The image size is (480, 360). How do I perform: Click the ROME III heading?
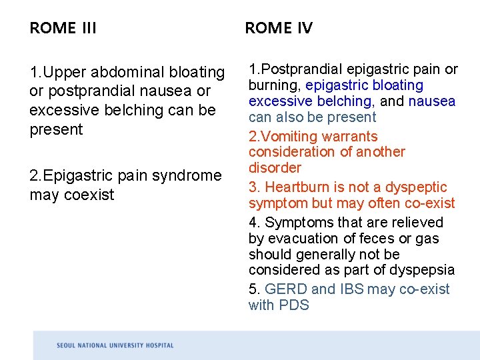point(63,28)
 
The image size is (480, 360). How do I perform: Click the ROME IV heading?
point(278,28)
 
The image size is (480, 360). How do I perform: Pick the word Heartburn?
point(299,187)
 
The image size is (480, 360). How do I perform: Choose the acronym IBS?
point(351,289)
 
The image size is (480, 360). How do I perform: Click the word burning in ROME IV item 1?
point(274,85)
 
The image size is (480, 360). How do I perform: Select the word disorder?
point(275,168)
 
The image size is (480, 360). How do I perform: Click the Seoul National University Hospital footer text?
point(115,345)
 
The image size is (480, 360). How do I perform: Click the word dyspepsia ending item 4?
point(424,270)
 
